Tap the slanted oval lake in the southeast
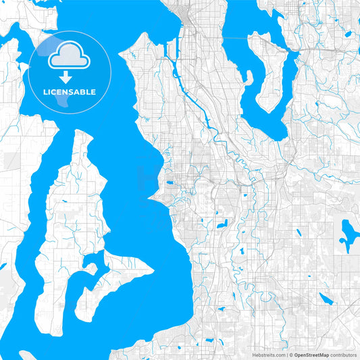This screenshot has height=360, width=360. click(326, 299)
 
